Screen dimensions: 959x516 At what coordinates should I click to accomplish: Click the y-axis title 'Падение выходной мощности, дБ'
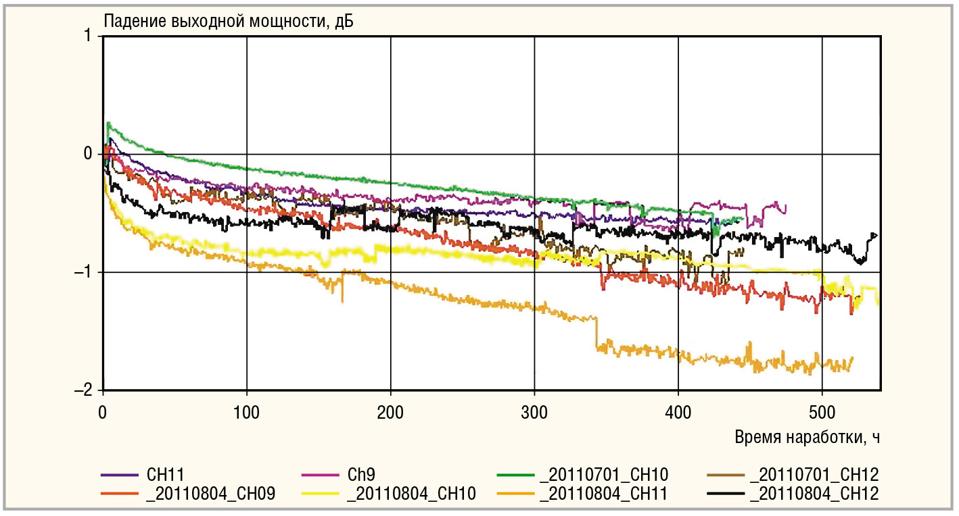pyautogui.click(x=229, y=21)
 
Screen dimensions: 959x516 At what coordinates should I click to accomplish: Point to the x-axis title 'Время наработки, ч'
pyautogui.click(x=808, y=437)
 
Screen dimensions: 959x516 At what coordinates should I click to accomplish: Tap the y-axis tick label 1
pyautogui.click(x=88, y=36)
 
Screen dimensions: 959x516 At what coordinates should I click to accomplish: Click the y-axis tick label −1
pyautogui.click(x=83, y=272)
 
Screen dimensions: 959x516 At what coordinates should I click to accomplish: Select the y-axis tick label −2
pyautogui.click(x=83, y=390)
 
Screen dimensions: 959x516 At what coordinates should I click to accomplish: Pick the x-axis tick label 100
pyautogui.click(x=246, y=413)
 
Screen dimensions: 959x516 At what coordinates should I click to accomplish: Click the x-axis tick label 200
pyautogui.click(x=390, y=413)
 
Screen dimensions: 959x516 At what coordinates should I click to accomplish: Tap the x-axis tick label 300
pyautogui.click(x=534, y=413)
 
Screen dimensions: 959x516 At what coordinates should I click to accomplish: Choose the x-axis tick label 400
pyautogui.click(x=678, y=413)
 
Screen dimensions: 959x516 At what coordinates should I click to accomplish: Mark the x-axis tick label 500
pyautogui.click(x=822, y=413)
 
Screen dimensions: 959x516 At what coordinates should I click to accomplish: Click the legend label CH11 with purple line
pyautogui.click(x=165, y=475)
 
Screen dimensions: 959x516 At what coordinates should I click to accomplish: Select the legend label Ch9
pyautogui.click(x=361, y=475)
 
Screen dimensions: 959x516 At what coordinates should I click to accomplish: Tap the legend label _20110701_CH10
pyautogui.click(x=604, y=475)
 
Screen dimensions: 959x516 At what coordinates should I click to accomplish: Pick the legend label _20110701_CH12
pyautogui.click(x=814, y=475)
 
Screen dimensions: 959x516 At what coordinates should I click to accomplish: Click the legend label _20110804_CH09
pyautogui.click(x=210, y=494)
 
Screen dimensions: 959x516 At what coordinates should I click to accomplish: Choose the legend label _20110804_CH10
pyautogui.click(x=411, y=494)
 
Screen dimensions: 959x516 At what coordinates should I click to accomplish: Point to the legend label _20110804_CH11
pyautogui.click(x=604, y=494)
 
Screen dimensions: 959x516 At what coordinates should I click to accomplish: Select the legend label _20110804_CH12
pyautogui.click(x=814, y=494)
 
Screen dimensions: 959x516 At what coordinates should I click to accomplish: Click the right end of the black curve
pyautogui.click(x=876, y=235)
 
